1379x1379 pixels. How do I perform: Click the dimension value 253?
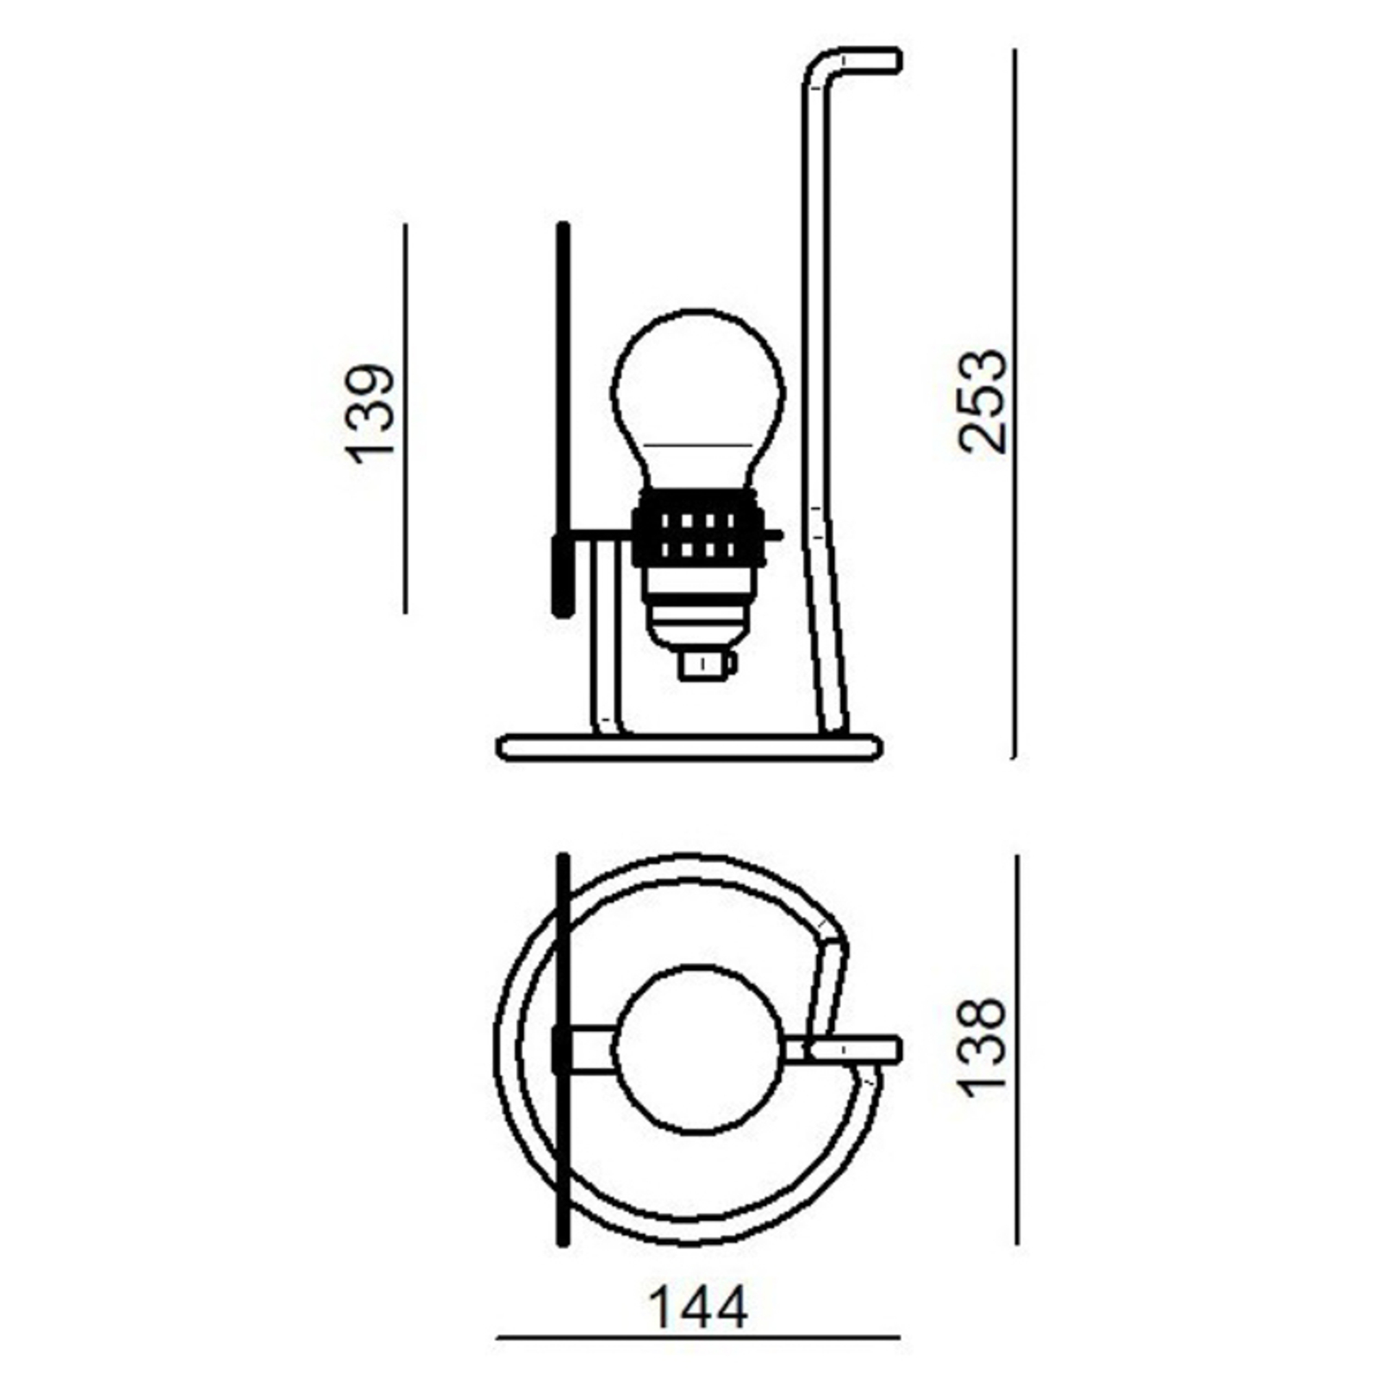point(983,401)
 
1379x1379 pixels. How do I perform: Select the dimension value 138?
point(983,1047)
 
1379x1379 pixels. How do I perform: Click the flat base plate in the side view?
point(689,746)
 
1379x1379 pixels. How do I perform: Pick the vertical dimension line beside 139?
point(405,418)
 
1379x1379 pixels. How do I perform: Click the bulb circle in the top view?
point(698,1047)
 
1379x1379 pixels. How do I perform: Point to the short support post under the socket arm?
point(605,638)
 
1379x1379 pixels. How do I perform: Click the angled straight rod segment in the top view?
point(830,991)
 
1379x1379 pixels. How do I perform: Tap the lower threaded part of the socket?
point(698,612)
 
